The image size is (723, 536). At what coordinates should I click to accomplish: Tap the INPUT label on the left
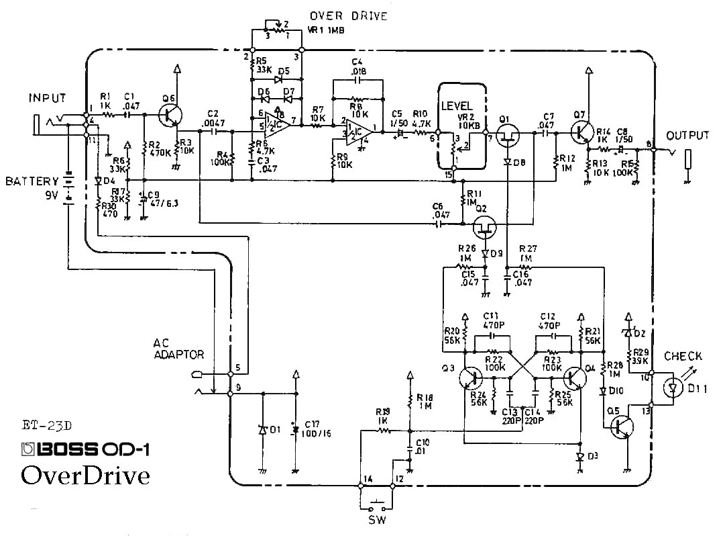coord(47,98)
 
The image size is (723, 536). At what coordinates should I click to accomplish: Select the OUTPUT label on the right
coord(687,136)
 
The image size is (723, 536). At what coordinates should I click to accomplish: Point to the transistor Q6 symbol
coord(171,115)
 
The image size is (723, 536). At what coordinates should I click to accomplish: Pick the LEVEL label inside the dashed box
coord(457,106)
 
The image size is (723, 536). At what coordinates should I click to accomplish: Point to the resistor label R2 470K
coord(158,148)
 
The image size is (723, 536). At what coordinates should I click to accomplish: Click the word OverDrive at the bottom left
coord(85,475)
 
